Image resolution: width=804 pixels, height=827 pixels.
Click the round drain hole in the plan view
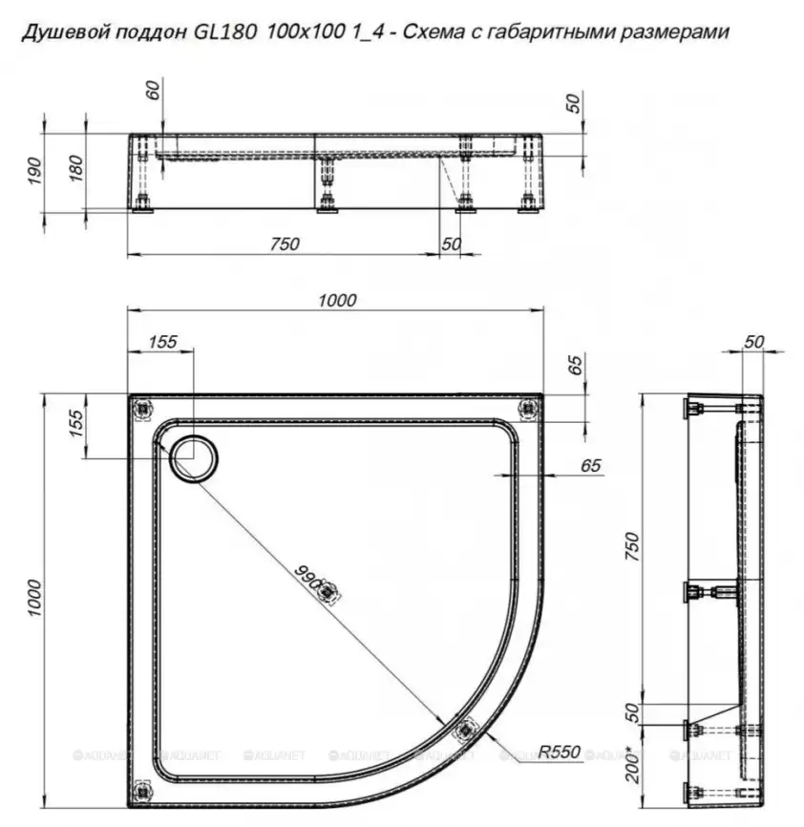[194, 457]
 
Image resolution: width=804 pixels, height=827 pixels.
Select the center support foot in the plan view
[328, 594]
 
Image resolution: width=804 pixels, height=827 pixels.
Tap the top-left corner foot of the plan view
[142, 409]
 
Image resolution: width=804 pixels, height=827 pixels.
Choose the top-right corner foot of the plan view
[527, 409]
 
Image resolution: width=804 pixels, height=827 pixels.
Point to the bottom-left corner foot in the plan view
[142, 790]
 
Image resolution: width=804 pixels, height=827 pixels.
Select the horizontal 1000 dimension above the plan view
[336, 300]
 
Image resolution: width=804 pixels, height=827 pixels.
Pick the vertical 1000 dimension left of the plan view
[35, 598]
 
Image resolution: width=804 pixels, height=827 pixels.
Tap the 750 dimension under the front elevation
[284, 244]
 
